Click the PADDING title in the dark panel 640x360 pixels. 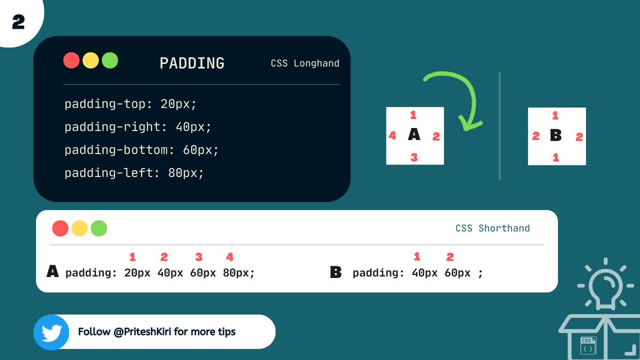192,63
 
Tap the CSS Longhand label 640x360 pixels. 305,63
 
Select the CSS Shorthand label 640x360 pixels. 492,228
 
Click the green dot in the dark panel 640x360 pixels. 110,60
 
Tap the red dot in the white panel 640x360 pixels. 60,228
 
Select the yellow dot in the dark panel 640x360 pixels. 91,60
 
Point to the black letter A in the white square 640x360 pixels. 414,135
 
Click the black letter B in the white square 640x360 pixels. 556,136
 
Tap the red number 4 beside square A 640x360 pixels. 393,136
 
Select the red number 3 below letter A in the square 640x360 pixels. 414,157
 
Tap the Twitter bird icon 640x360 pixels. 51,332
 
